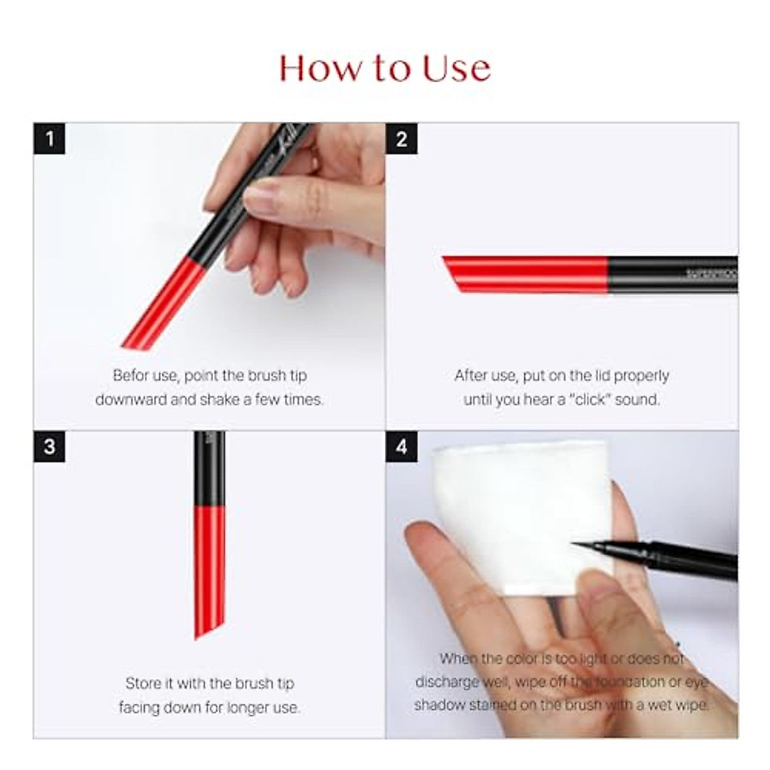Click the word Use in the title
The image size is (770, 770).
pyautogui.click(x=456, y=68)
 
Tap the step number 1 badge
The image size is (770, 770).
pyautogui.click(x=49, y=139)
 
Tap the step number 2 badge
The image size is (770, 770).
pyautogui.click(x=402, y=139)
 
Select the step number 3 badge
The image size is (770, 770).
pyautogui.click(x=49, y=447)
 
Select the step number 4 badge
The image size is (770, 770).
pyautogui.click(x=402, y=447)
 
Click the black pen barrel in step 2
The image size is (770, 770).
pyautogui.click(x=671, y=275)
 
